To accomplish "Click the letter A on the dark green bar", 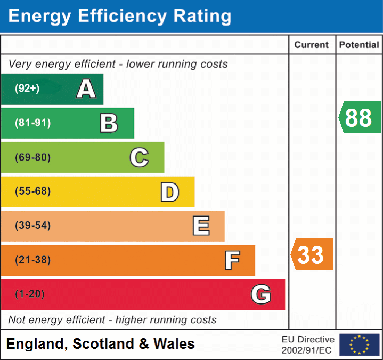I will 86,89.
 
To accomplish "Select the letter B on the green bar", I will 109,123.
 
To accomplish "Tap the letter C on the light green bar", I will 139,157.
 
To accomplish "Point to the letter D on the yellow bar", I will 169,192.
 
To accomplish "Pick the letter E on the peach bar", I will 201,226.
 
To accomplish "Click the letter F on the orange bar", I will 232,260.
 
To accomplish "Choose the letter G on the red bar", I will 261,294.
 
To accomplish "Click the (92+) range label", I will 27,89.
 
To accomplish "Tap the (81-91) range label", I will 33,123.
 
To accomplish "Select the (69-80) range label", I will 33,157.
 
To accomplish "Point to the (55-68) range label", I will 33,191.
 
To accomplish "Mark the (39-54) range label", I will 33,226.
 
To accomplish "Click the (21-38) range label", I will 33,260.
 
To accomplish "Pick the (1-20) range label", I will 30,294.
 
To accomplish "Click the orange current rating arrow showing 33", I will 312,255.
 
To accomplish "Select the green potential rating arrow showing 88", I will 360,117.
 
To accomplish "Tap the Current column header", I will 312,45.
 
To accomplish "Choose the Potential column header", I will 359,45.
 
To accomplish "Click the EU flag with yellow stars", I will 359,345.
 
